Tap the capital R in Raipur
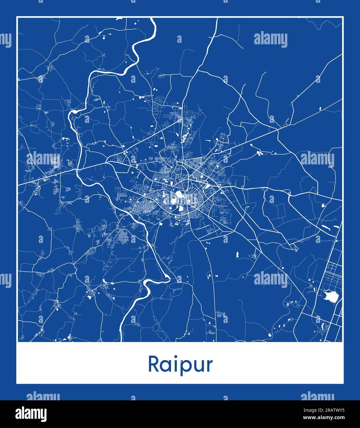(154, 364)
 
